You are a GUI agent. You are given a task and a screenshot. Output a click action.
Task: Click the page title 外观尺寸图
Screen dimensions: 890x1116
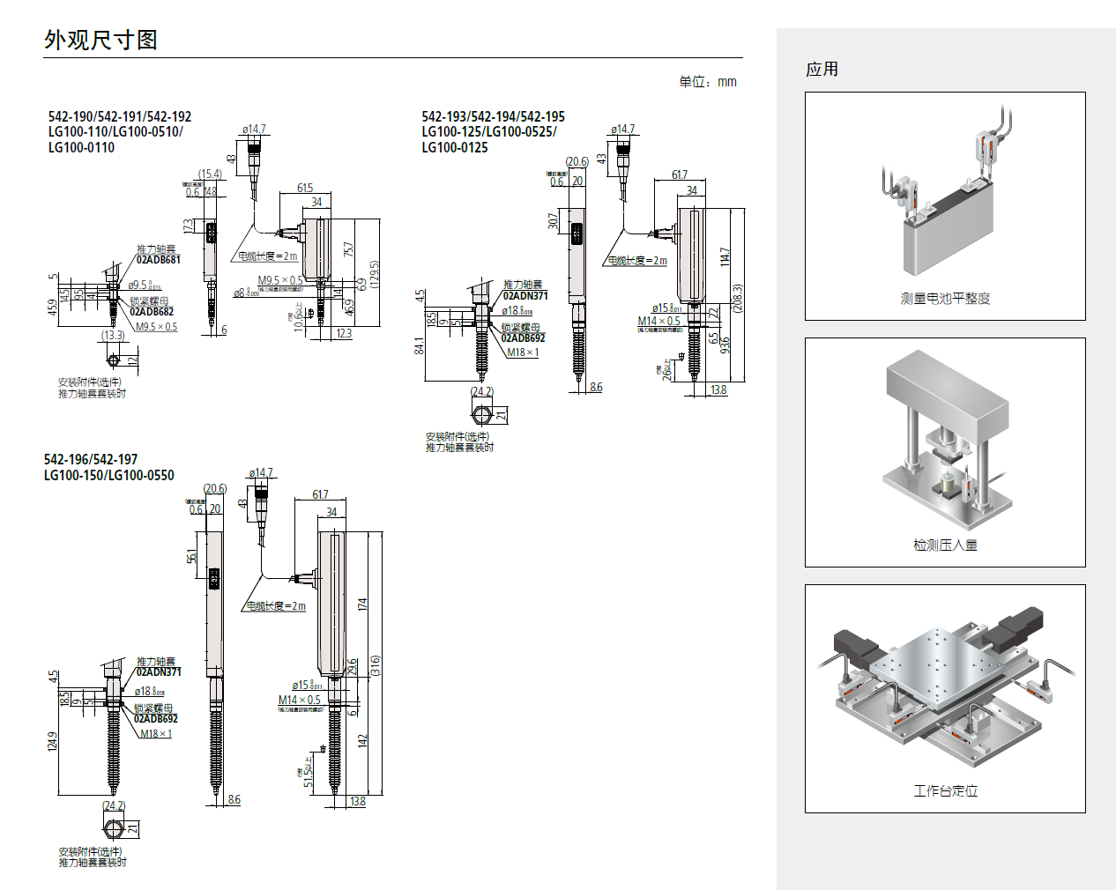(x=100, y=41)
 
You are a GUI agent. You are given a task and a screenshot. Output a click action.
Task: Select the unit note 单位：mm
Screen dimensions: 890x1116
(x=707, y=82)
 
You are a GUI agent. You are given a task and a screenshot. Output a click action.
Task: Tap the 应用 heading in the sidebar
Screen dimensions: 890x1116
(x=822, y=70)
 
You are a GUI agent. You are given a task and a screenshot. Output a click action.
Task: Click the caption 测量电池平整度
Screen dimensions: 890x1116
(x=945, y=299)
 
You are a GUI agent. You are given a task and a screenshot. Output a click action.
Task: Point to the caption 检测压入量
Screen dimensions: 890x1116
(x=945, y=545)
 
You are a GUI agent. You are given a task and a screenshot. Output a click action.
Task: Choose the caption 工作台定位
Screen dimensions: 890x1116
(x=945, y=791)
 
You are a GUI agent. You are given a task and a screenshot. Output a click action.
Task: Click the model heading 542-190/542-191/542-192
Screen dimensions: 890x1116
(x=120, y=116)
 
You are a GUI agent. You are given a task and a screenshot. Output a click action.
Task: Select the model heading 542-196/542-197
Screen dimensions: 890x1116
(x=91, y=459)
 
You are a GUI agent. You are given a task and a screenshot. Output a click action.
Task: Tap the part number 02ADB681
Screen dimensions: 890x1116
(x=159, y=260)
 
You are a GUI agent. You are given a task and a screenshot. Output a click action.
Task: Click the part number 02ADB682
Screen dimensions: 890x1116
(x=152, y=312)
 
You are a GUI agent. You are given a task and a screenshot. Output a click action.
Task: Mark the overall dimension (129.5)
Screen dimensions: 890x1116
(x=375, y=274)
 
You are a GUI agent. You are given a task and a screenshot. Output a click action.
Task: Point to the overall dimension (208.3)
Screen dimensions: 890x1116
(x=738, y=298)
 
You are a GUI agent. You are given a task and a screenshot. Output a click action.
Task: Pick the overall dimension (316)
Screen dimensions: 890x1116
(x=376, y=665)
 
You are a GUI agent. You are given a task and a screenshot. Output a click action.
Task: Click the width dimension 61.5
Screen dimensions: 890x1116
(x=305, y=188)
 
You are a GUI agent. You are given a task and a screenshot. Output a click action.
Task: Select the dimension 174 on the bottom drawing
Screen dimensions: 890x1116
(x=362, y=604)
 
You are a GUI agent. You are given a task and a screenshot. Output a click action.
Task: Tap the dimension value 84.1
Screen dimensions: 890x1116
(x=420, y=346)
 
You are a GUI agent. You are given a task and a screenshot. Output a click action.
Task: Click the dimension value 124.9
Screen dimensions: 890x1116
(x=52, y=741)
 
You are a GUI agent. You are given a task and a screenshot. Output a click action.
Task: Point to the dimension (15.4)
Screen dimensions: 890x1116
(x=210, y=174)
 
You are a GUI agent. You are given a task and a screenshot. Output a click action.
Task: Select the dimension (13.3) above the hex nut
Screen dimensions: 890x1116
(x=113, y=335)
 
